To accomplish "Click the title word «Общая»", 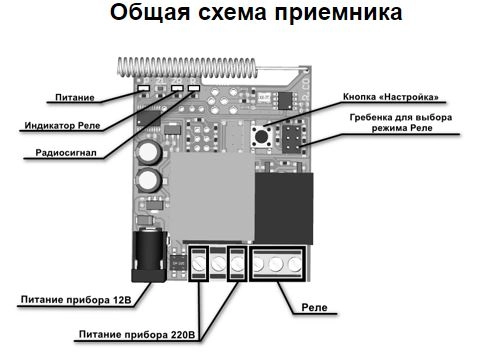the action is pyautogui.click(x=150, y=13).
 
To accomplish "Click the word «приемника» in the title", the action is pyautogui.click(x=338, y=14).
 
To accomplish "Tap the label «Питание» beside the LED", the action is pyautogui.click(x=75, y=98).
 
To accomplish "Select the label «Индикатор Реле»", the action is pyautogui.click(x=62, y=126).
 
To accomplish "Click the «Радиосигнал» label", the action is pyautogui.click(x=66, y=153).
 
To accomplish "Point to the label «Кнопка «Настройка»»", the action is pyautogui.click(x=391, y=97).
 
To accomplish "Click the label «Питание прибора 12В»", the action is pyautogui.click(x=76, y=300).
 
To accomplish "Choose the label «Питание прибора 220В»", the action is pyautogui.click(x=137, y=334).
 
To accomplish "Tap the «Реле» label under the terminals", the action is pyautogui.click(x=314, y=307).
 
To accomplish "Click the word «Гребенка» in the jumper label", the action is pyautogui.click(x=371, y=118).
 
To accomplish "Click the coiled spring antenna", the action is pyautogui.click(x=188, y=67).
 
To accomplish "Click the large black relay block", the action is pyautogui.click(x=284, y=208).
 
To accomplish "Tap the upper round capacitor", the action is pyautogui.click(x=149, y=153).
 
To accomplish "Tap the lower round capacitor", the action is pyautogui.click(x=149, y=180).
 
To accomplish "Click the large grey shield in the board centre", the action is pyautogui.click(x=212, y=197).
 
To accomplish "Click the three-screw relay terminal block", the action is pyautogui.click(x=277, y=264).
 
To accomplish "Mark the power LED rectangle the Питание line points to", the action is pyautogui.click(x=143, y=88).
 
